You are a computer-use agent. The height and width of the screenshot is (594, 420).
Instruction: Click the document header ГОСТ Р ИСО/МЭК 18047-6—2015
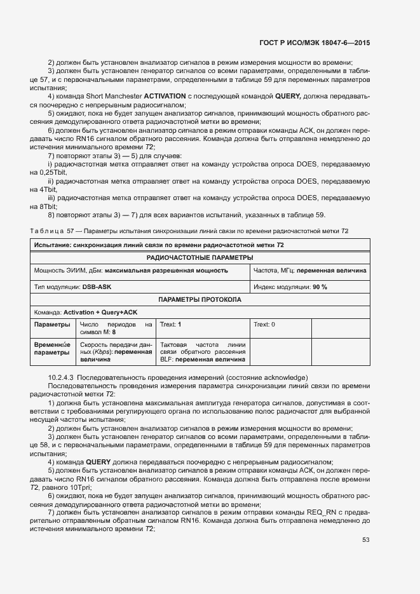point(315,43)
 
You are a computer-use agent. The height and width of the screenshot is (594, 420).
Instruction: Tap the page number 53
point(366,540)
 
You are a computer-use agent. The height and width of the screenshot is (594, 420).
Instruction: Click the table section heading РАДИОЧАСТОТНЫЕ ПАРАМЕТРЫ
point(200,258)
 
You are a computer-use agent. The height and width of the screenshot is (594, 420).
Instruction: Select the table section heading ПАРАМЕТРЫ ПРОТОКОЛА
point(200,299)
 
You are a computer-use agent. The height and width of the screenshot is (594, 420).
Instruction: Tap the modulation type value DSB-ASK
point(97,287)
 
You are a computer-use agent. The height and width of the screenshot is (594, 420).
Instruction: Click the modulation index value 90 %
point(320,287)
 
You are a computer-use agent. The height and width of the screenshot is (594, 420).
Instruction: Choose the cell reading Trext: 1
point(171,325)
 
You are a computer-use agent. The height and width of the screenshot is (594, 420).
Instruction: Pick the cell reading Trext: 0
point(264,325)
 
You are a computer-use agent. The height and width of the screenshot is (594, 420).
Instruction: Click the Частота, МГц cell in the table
point(309,271)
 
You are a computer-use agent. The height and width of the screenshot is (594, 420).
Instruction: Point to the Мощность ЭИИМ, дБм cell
point(131,271)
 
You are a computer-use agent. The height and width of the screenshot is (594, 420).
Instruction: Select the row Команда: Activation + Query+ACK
point(85,312)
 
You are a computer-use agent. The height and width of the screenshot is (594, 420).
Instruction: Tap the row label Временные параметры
point(52,347)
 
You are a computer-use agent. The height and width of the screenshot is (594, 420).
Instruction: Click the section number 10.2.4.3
point(62,377)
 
